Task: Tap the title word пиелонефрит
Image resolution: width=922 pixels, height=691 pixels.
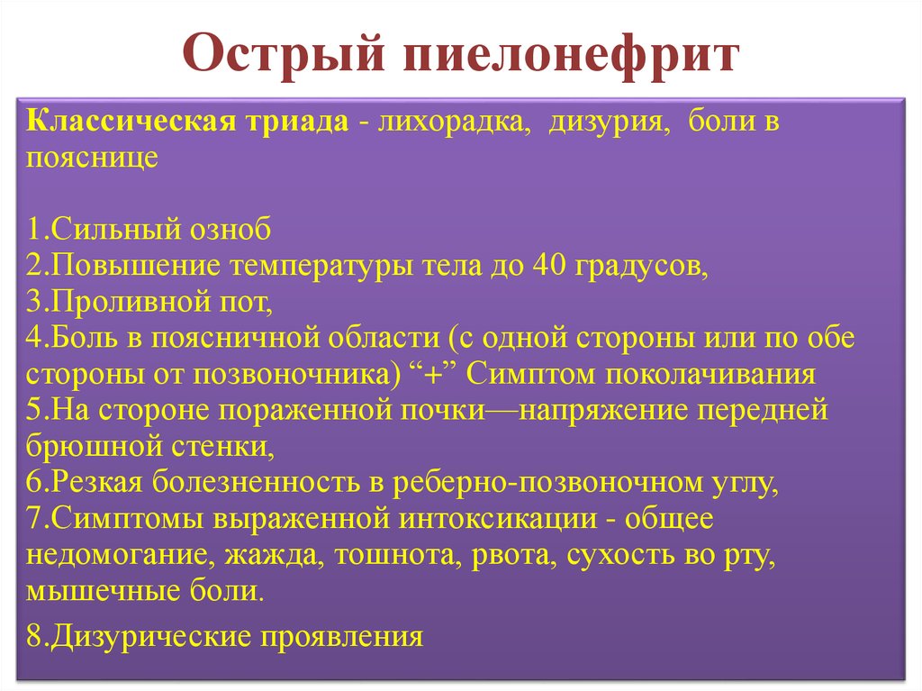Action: click(570, 55)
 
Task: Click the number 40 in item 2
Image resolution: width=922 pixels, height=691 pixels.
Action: click(549, 266)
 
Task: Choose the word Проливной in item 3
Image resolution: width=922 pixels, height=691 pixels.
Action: click(131, 303)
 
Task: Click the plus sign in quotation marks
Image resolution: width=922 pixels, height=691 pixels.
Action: click(432, 375)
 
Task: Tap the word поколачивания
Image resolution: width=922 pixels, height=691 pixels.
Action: click(711, 375)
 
